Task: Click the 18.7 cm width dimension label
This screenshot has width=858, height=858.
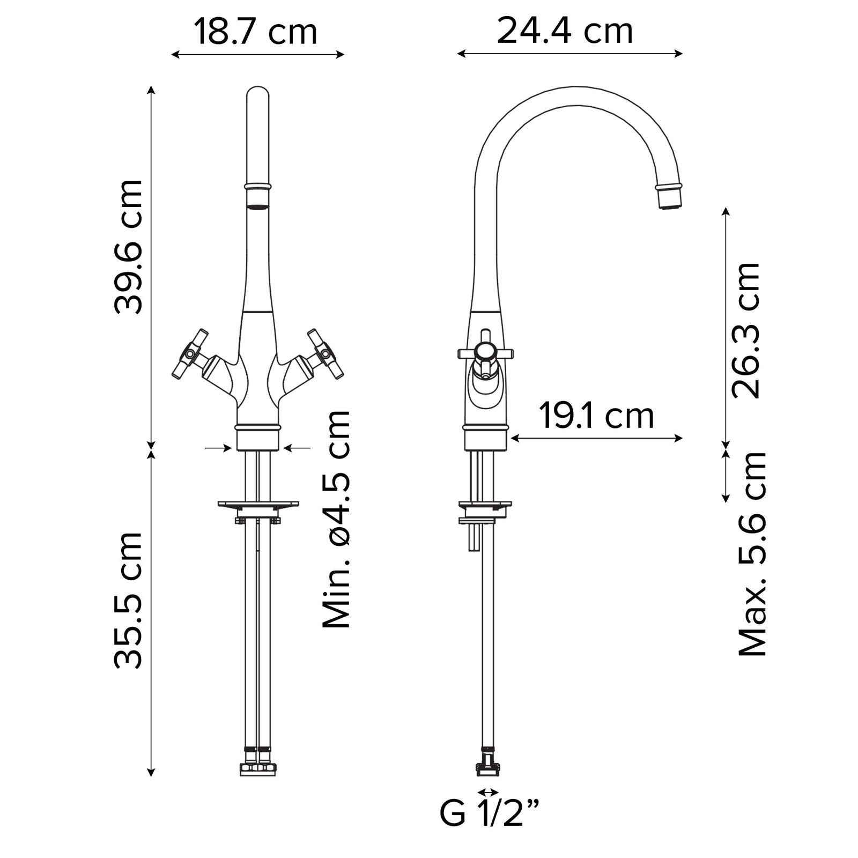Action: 255,32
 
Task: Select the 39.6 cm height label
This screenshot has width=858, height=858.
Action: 129,246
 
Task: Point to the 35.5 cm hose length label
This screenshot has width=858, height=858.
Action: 129,601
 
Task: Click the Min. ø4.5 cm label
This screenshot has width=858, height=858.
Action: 336,519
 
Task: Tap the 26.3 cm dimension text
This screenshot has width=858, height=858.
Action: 746,330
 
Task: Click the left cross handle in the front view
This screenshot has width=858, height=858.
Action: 190,354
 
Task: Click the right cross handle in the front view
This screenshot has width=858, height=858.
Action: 325,354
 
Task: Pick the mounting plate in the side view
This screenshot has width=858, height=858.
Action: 485,505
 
